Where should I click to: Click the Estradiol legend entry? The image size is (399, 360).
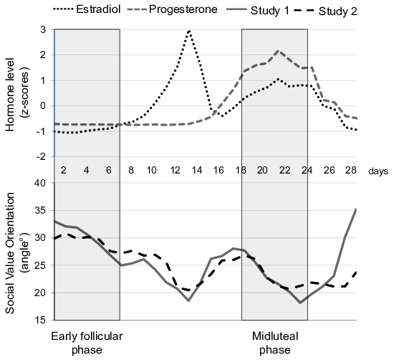tap(87, 9)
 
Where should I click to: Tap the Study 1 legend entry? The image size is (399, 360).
tap(258, 11)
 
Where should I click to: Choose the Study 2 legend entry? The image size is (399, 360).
tap(326, 11)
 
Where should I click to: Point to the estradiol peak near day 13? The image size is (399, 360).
tap(189, 31)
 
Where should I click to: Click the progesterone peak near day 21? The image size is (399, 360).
tap(278, 51)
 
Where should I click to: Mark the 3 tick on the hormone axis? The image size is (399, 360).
tap(43, 29)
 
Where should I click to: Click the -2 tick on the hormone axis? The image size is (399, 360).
tap(41, 156)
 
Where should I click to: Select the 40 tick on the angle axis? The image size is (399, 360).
tap(41, 183)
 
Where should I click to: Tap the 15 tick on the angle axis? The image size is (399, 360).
tap(41, 320)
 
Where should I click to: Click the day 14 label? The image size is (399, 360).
tap(197, 170)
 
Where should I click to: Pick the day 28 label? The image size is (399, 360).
tap(351, 170)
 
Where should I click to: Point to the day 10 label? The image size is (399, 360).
tap(151, 170)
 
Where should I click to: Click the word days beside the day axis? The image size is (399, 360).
tap(378, 171)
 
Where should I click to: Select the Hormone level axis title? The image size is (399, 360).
tap(18, 95)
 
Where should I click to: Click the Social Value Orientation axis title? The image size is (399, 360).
tap(18, 252)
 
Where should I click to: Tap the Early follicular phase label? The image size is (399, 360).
tap(87, 343)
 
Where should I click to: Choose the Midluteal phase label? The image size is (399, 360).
tap(275, 343)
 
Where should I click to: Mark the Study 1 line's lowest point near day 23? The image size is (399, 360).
tap(301, 303)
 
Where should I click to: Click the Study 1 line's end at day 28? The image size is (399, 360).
tap(356, 209)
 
